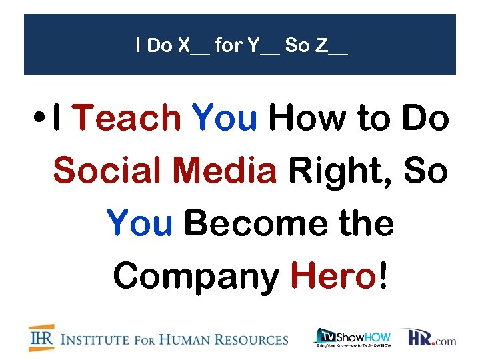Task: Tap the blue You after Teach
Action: click(x=224, y=119)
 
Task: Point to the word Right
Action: click(x=339, y=171)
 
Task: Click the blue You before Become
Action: click(x=139, y=223)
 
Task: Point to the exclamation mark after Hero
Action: click(x=382, y=275)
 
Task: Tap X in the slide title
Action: click(x=184, y=46)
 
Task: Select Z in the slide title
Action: click(x=321, y=46)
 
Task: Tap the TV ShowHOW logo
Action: click(x=353, y=337)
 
